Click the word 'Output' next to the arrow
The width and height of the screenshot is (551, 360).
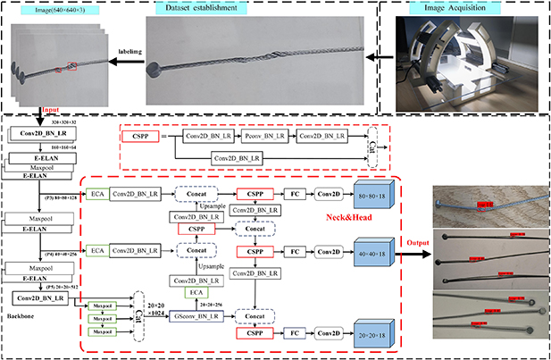click(x=411, y=239)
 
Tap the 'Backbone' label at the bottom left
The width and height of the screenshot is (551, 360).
click(x=19, y=316)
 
